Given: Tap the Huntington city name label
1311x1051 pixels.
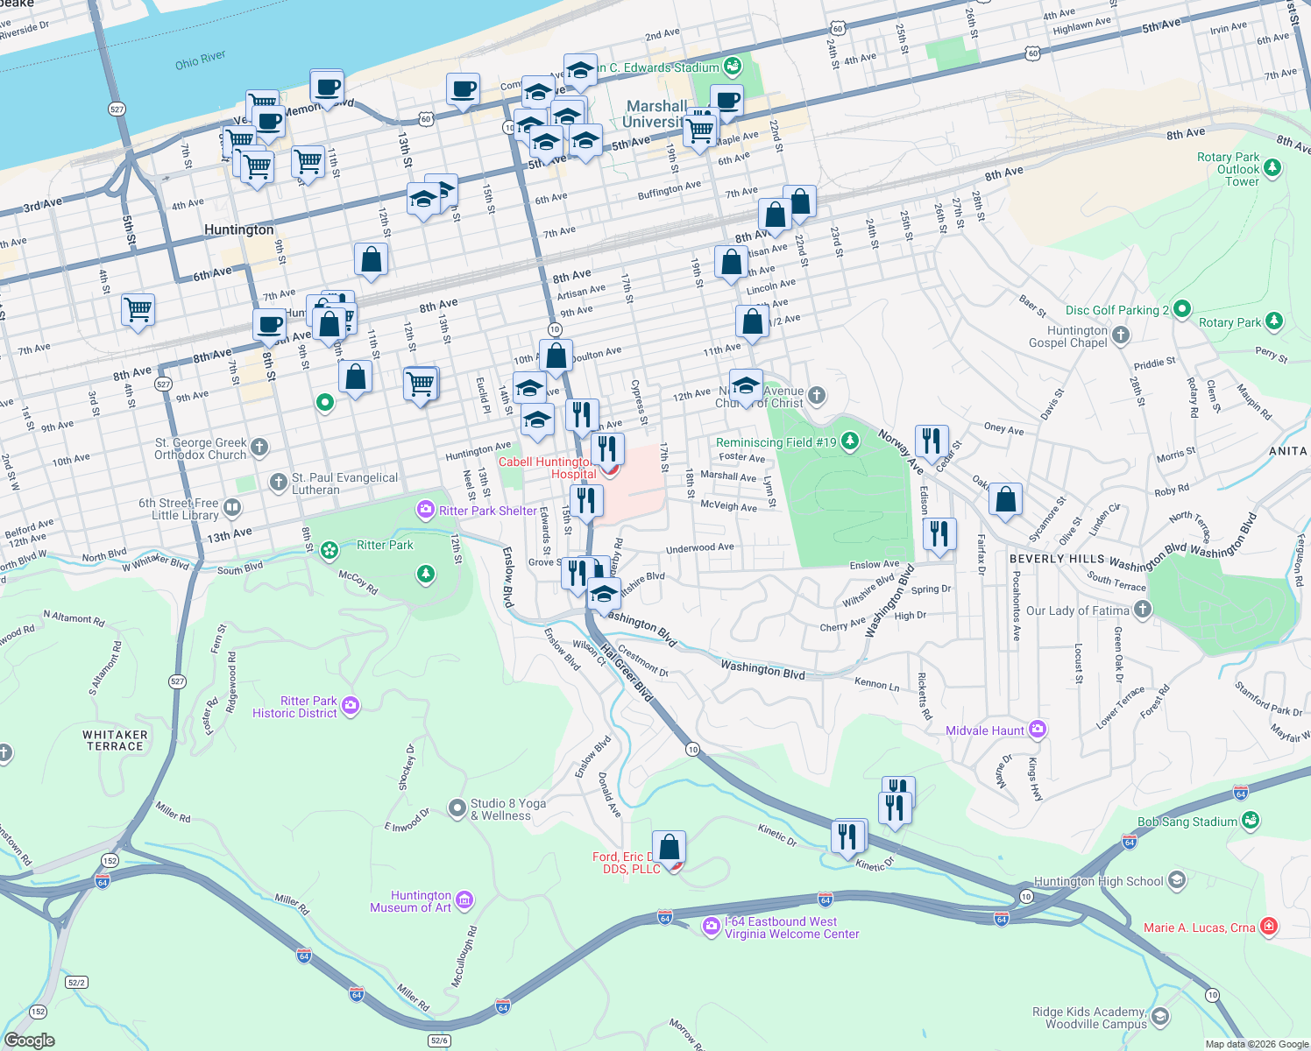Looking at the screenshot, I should coord(238,229).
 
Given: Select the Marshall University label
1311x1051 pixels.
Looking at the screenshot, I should coord(656,114).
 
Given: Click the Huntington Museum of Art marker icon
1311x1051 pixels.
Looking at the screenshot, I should coord(465,900).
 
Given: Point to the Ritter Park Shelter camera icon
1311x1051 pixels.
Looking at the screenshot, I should coord(426,510).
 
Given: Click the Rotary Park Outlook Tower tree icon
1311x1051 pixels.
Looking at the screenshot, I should coord(1273,167).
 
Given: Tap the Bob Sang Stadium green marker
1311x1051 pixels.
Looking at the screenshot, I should coord(1251,821).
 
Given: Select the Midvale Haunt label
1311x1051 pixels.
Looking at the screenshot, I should coord(984,730).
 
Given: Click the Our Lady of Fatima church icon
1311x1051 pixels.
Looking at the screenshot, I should coord(1142,610).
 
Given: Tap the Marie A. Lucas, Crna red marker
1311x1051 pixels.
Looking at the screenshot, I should coord(1269,927).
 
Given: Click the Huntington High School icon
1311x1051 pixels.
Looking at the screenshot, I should coord(1177,880).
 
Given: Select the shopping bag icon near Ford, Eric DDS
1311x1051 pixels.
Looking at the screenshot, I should coord(669,847).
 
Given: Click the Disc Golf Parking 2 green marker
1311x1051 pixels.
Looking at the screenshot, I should coord(1181,309).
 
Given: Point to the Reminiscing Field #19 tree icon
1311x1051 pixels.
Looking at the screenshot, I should coord(849,441).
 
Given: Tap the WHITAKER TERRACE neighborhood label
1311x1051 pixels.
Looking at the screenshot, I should coord(115,741).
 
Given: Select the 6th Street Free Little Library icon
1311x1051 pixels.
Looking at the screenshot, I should coord(232,507).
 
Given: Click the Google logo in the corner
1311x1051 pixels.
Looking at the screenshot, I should coord(29,1040).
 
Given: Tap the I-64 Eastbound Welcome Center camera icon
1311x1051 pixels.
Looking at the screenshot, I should coord(712,927).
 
